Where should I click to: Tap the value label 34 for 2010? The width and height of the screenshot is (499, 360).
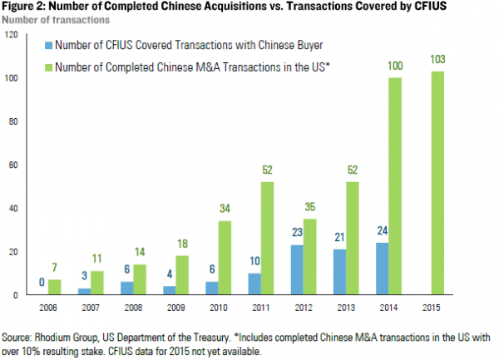225,211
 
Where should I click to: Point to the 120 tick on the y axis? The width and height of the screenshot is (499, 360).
11,35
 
